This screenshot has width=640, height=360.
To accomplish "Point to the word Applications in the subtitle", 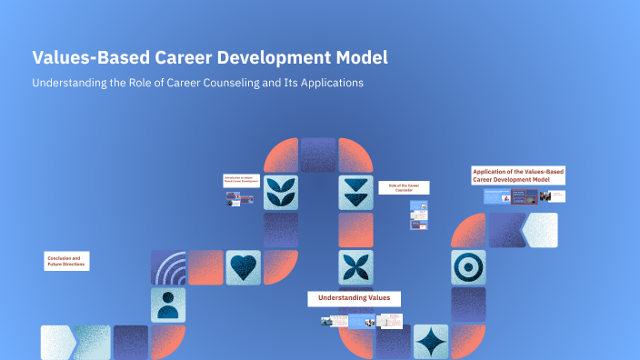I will pyautogui.click(x=328, y=83).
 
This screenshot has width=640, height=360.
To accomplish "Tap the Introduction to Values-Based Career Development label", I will pyautogui.click(x=242, y=181).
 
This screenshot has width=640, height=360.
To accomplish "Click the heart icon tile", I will pyautogui.click(x=243, y=267).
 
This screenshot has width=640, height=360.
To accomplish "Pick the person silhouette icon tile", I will pyautogui.click(x=167, y=305).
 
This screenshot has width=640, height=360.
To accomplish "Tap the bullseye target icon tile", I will pyautogui.click(x=468, y=267).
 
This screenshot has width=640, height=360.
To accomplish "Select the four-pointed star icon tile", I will pyautogui.click(x=430, y=342).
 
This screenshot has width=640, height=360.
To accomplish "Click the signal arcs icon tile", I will pyautogui.click(x=167, y=267).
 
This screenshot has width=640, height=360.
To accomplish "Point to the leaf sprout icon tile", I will pyautogui.click(x=281, y=193).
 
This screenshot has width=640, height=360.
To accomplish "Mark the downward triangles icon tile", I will pyautogui.click(x=355, y=193).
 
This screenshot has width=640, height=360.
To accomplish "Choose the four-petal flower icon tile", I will pyautogui.click(x=355, y=267).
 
